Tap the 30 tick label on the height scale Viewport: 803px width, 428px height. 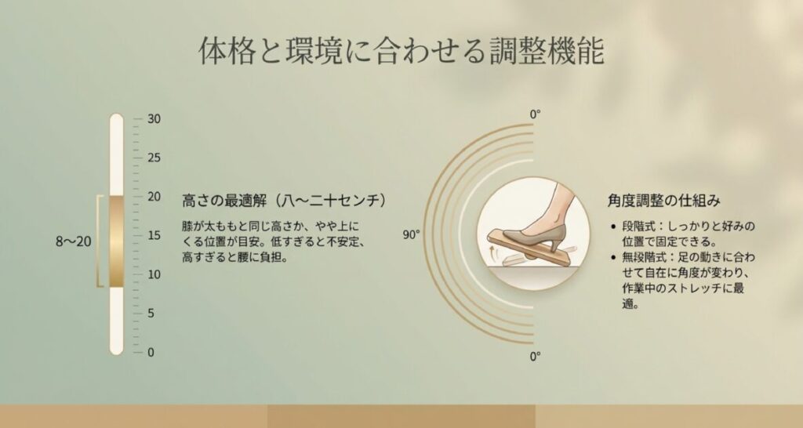point(154,119)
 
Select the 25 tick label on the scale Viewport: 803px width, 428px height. point(154,158)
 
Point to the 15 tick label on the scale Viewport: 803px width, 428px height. point(154,235)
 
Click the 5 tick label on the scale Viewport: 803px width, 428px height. point(151,314)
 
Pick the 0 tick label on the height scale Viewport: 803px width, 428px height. point(151,352)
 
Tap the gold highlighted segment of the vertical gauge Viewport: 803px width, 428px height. point(116,241)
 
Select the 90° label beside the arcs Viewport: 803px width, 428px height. point(412,234)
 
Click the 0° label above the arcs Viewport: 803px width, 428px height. point(536,114)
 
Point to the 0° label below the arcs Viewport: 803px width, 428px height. point(536,357)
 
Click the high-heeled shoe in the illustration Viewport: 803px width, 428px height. point(549,223)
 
